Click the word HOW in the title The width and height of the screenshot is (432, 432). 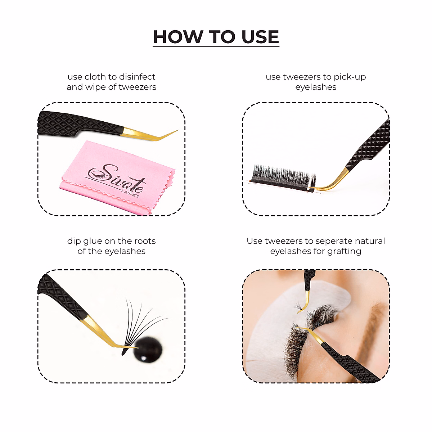(177, 37)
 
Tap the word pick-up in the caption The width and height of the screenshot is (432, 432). (350, 77)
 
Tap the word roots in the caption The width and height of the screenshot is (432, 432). (145, 242)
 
